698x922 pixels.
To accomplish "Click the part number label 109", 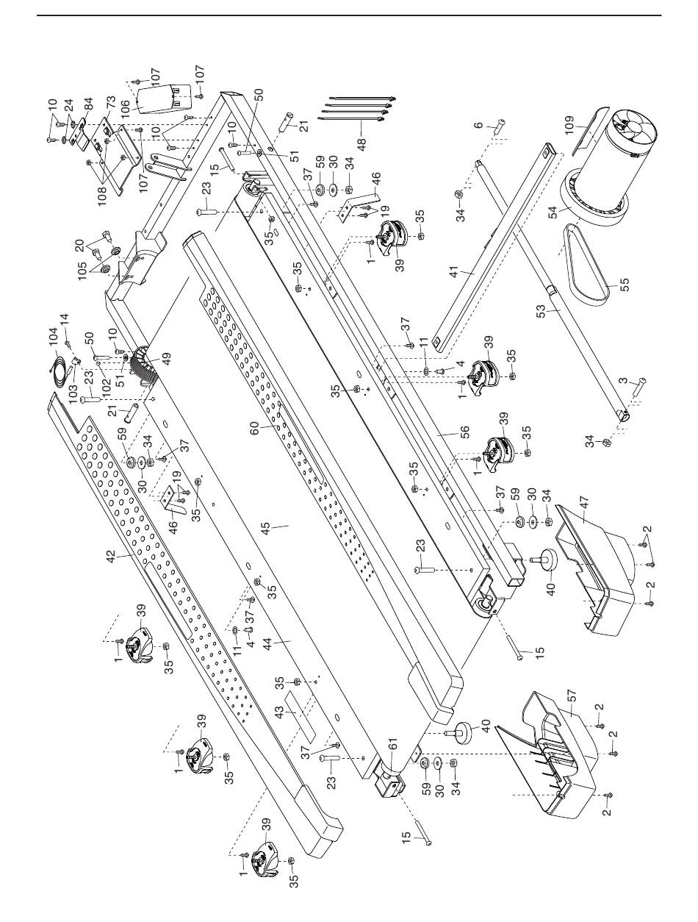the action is [569, 126].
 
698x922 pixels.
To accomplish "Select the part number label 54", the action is [553, 211].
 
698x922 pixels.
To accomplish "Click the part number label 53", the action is [542, 311].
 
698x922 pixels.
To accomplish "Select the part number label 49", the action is [167, 358].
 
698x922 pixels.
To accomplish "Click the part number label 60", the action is [255, 429].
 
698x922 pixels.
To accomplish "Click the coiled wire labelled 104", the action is [59, 365].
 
